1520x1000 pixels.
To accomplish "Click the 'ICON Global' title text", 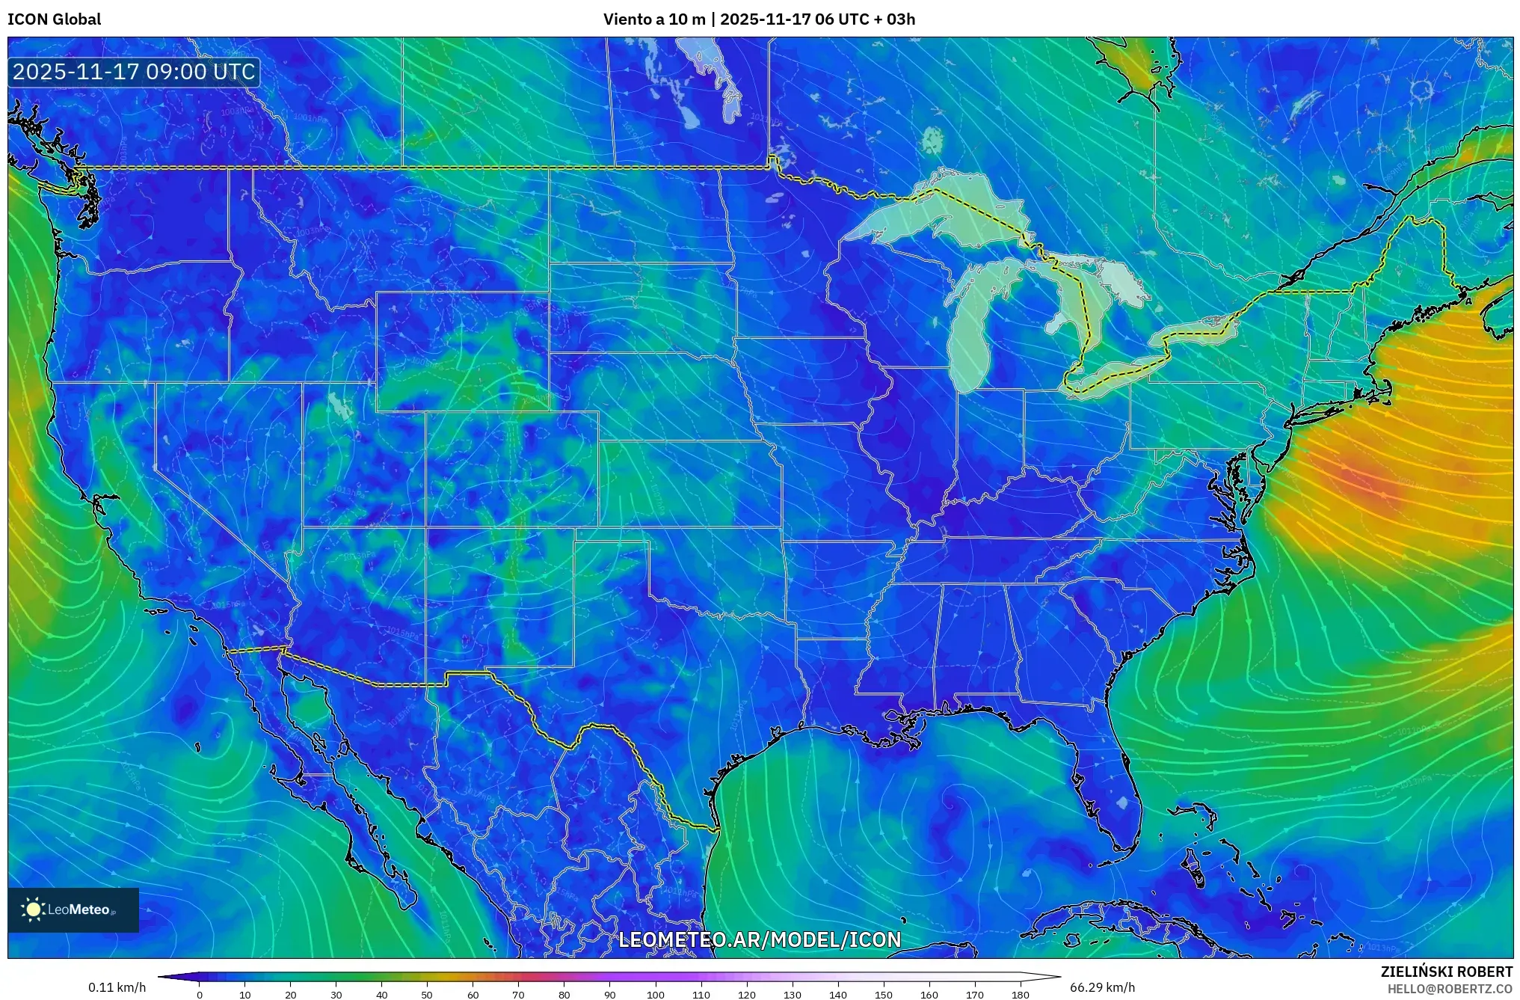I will click(x=55, y=19).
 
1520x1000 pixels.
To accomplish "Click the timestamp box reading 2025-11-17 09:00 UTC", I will click(x=135, y=73).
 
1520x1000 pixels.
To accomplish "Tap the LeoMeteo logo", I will click(x=73, y=909).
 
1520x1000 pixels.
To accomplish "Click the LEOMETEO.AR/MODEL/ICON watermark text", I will click(x=760, y=939).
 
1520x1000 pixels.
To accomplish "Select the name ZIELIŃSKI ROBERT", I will click(x=1446, y=972).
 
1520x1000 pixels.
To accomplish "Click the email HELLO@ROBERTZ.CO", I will click(x=1450, y=989).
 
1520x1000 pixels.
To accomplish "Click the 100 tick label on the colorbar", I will click(x=655, y=995).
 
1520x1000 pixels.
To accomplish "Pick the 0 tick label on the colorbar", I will click(x=199, y=995).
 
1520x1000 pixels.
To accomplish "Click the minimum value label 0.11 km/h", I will click(x=117, y=987).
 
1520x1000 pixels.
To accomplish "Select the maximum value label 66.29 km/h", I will click(x=1102, y=987).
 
